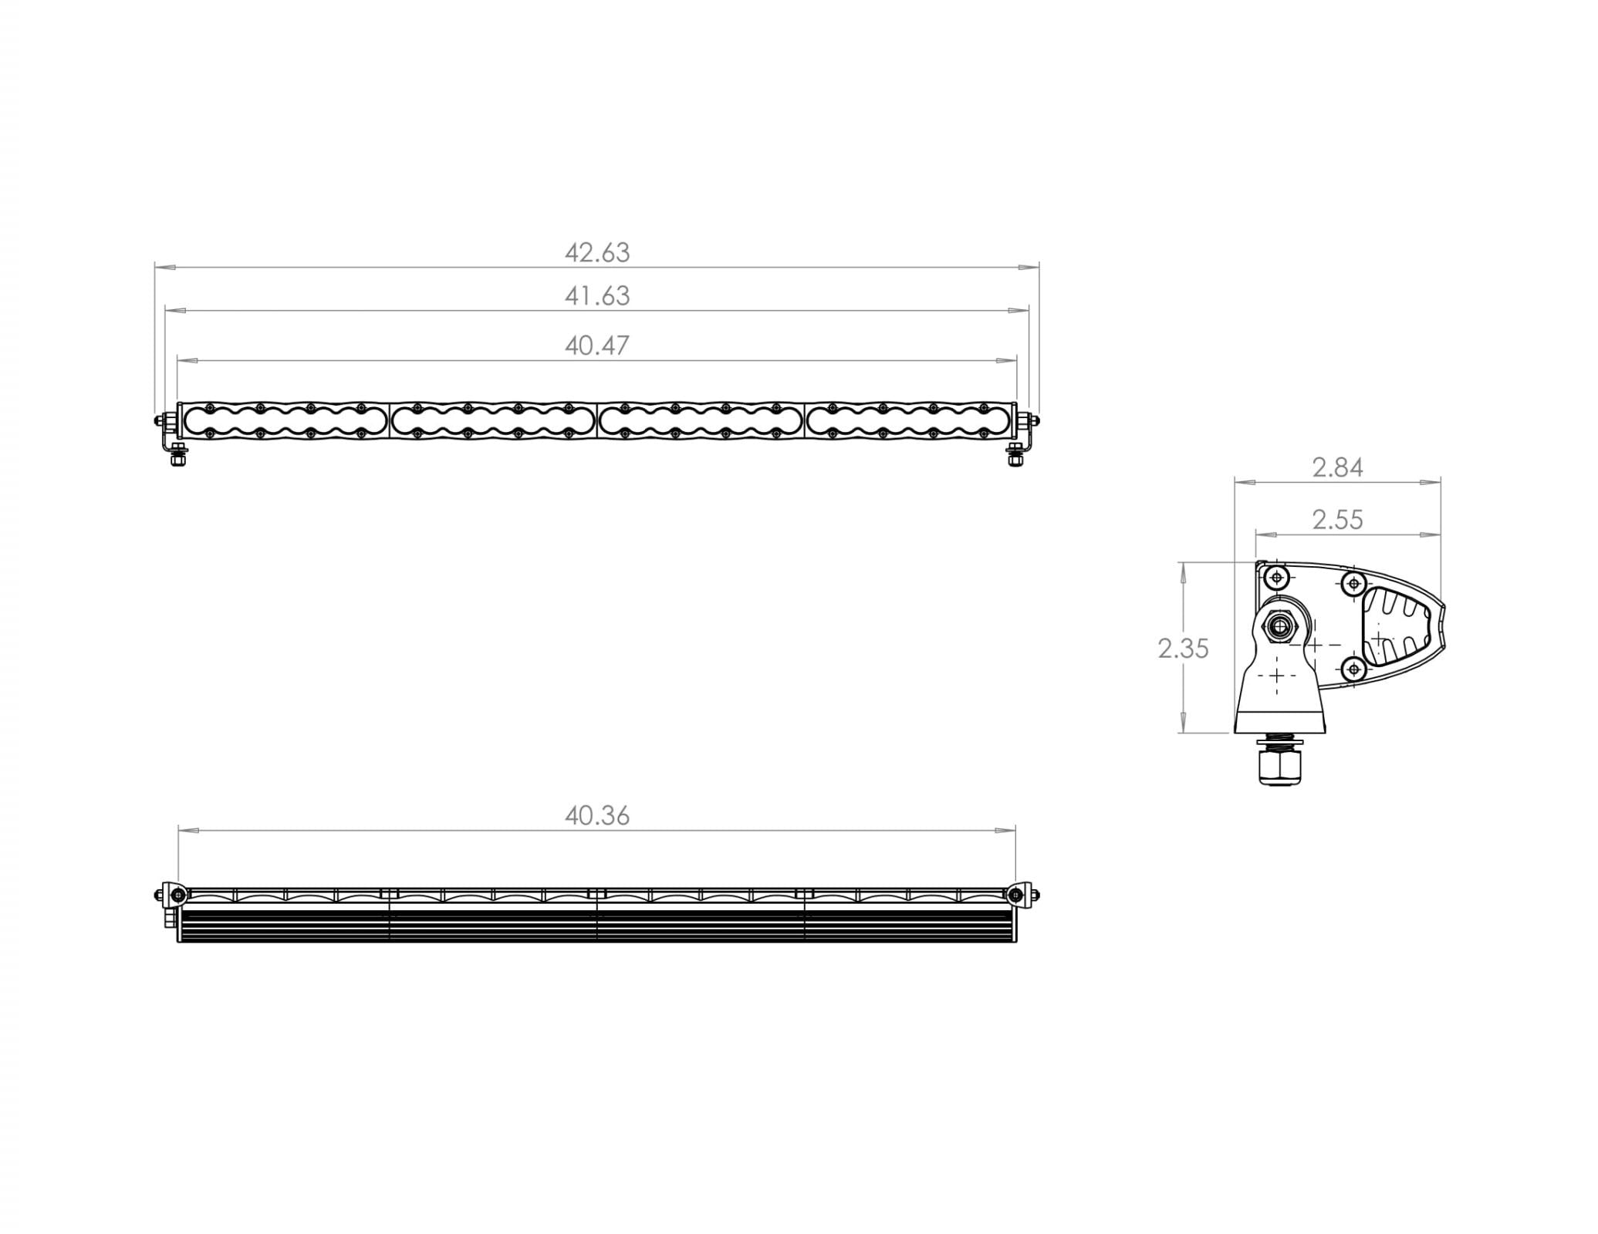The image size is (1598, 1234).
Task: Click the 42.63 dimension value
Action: (597, 253)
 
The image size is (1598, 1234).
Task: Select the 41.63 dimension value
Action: (597, 296)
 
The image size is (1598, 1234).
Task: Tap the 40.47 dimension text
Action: (597, 346)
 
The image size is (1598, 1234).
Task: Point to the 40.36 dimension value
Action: (597, 816)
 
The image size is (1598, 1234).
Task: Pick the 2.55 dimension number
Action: (1337, 521)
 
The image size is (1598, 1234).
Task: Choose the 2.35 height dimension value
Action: (1183, 649)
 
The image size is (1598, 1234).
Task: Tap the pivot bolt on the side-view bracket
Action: (1281, 626)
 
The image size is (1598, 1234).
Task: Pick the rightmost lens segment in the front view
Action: (907, 420)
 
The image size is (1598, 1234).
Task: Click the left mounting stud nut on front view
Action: (178, 458)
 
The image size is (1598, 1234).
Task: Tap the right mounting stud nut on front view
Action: (1015, 458)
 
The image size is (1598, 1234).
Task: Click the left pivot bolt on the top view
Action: (178, 895)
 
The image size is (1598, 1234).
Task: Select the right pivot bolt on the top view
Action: (1015, 895)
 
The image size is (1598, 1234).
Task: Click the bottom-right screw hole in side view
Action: (1354, 669)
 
